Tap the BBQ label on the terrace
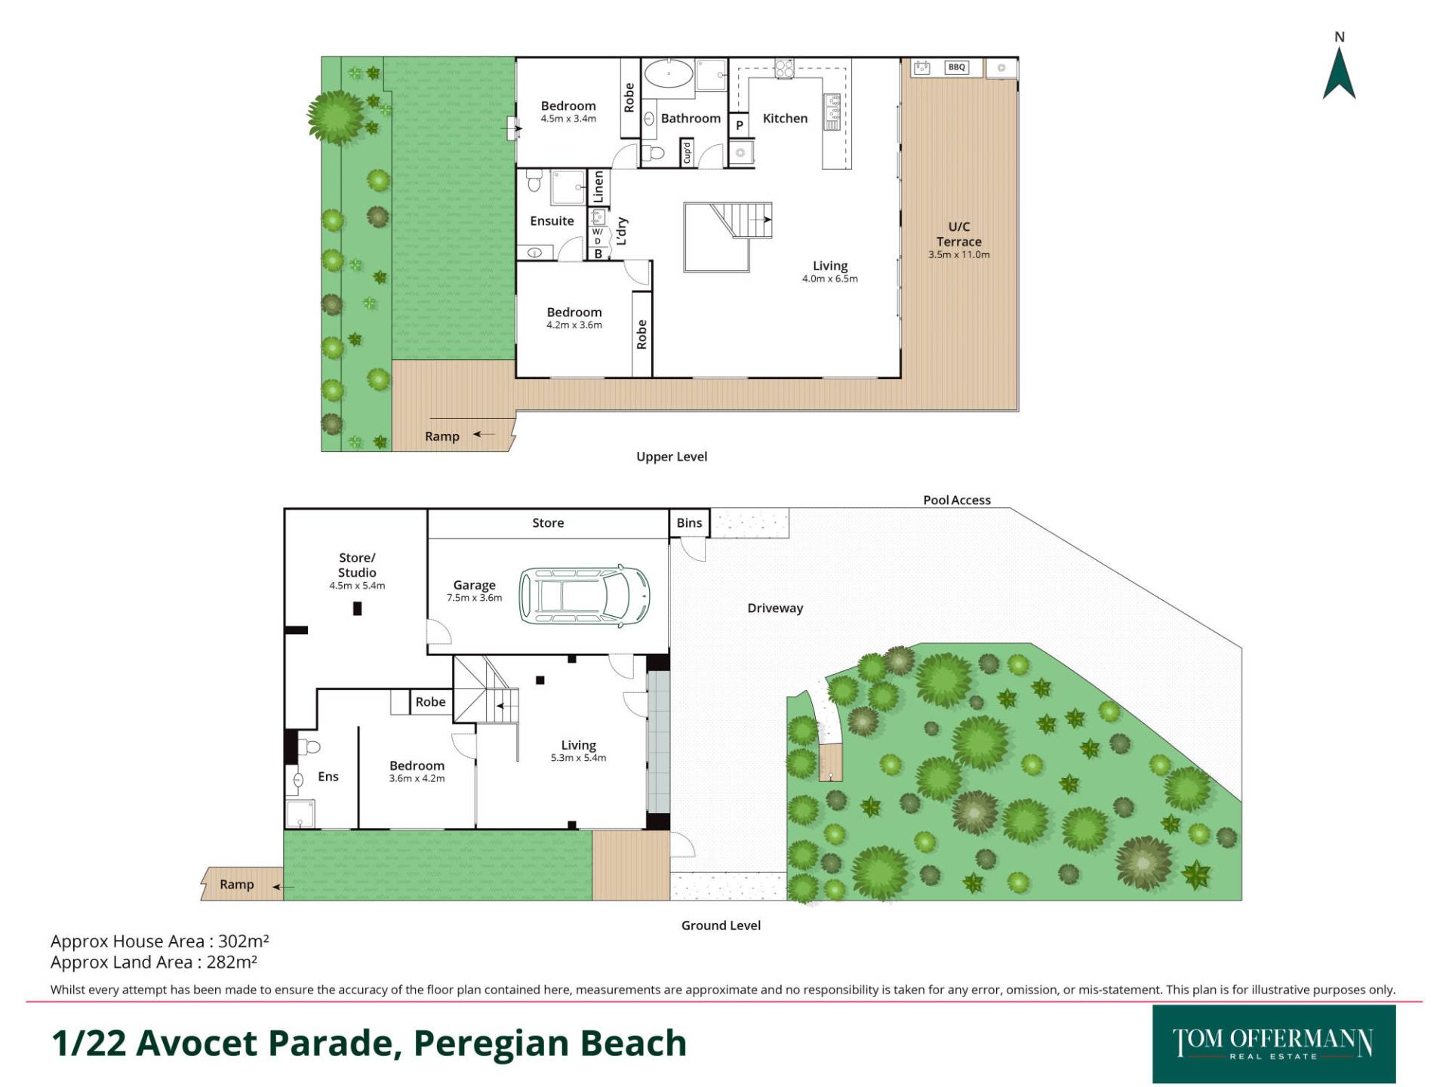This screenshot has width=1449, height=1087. (x=956, y=67)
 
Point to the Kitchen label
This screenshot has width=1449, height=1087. (x=785, y=119)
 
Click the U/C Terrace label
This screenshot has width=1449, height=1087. (x=959, y=234)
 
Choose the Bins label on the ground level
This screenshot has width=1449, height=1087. (x=689, y=522)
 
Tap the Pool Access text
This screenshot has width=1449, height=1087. (x=957, y=500)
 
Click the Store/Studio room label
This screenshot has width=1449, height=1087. (x=357, y=565)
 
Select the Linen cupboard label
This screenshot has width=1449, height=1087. (x=598, y=186)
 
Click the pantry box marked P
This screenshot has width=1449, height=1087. (x=740, y=125)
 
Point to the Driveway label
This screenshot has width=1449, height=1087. (x=775, y=608)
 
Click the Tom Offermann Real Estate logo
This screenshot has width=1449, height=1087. (x=1274, y=1044)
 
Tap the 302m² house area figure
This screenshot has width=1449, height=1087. (x=243, y=941)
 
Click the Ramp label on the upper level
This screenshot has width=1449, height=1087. (x=442, y=436)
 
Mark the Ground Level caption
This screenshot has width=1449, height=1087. (x=721, y=925)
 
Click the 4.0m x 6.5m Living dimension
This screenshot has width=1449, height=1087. (x=830, y=279)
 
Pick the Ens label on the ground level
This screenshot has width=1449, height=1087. (x=328, y=776)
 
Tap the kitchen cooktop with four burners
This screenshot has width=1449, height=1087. (x=784, y=68)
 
